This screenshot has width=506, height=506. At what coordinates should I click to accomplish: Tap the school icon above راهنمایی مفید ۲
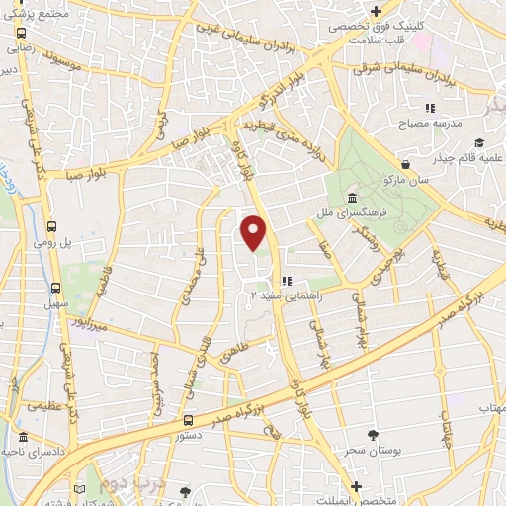[x=286, y=281]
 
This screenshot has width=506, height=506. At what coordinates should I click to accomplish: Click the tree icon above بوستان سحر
[x=373, y=435]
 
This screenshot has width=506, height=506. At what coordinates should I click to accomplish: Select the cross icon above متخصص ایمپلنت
[x=359, y=487]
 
